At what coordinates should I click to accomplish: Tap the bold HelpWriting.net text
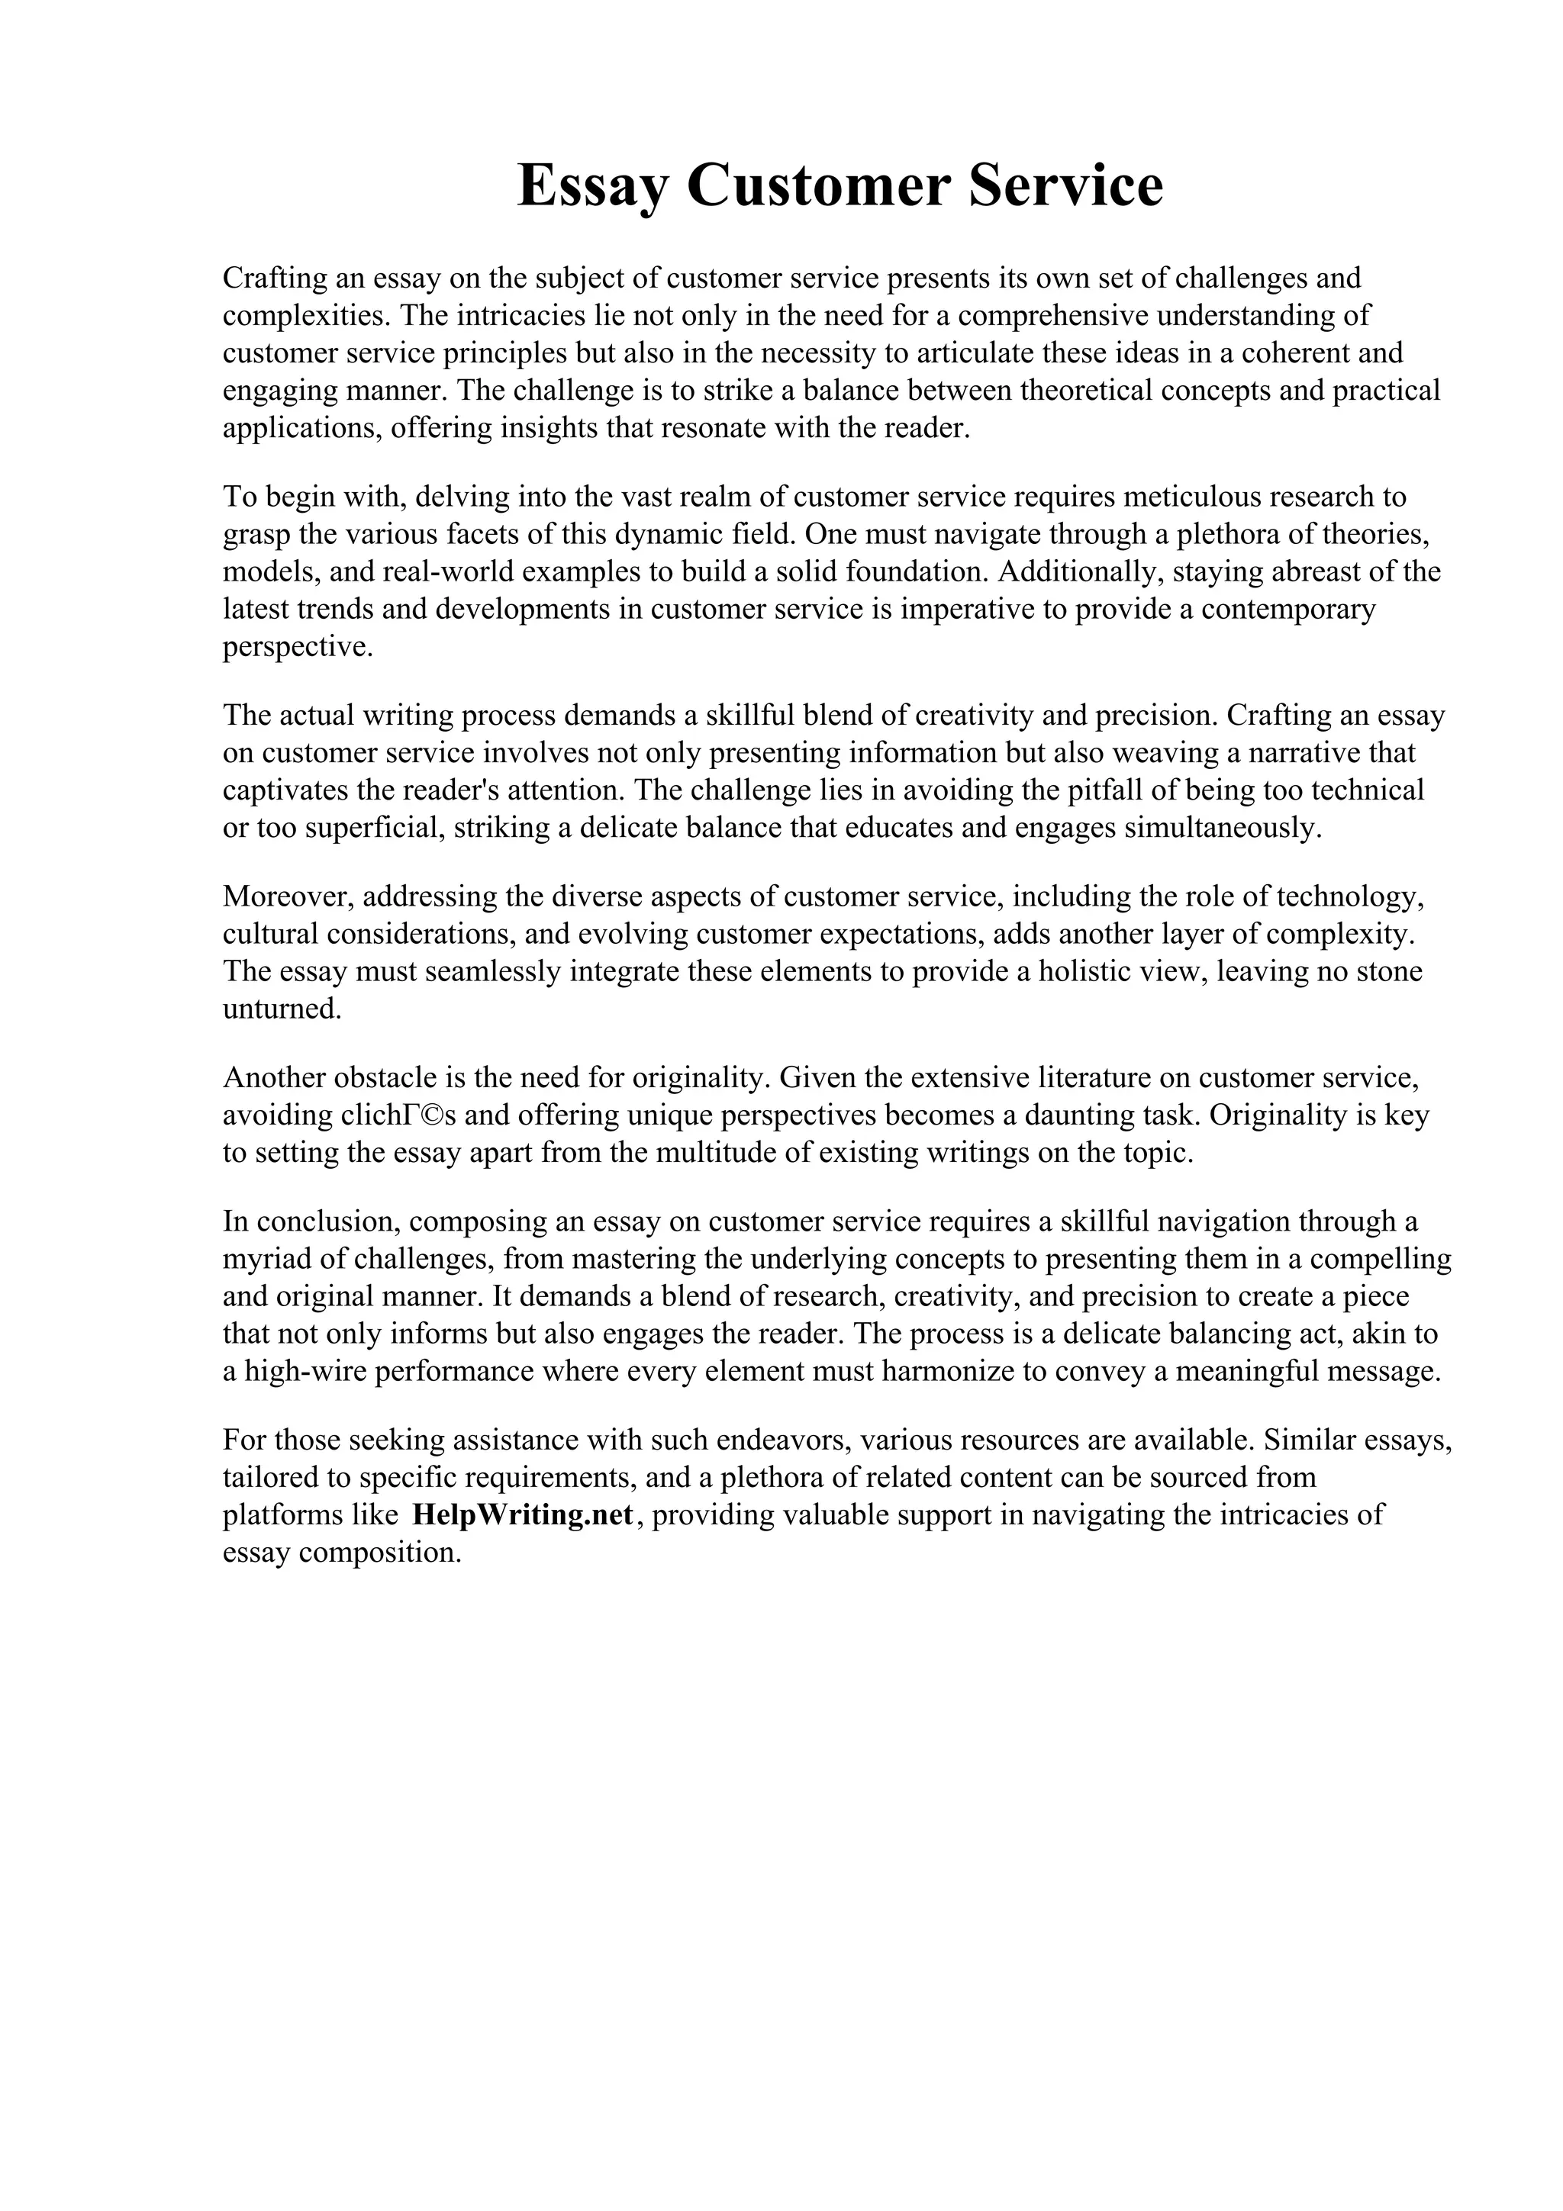point(522,1514)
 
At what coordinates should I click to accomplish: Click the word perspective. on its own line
point(297,647)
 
